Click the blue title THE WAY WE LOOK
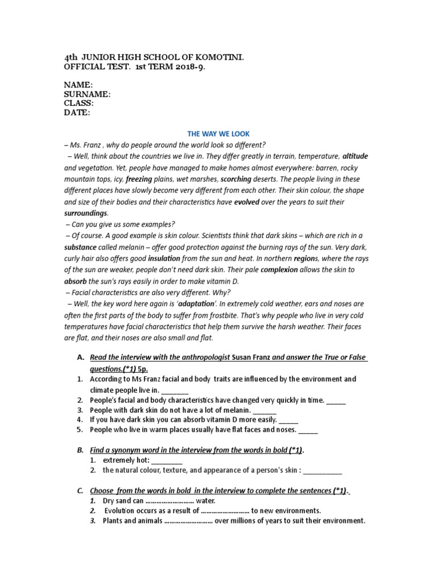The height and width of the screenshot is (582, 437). [218, 134]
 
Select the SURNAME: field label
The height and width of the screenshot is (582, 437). [87, 94]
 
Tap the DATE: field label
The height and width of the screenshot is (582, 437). [76, 113]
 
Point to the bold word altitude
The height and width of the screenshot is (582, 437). [354, 156]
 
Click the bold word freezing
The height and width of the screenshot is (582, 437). [138, 179]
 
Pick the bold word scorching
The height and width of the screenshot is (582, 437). [236, 179]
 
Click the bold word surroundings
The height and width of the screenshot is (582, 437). [85, 213]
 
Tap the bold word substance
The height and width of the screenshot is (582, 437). [80, 247]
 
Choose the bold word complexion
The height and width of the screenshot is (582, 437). [279, 270]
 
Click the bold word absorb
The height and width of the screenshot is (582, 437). [75, 281]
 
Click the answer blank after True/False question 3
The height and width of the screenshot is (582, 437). [264, 410]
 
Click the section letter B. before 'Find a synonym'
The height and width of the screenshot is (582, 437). [80, 450]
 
